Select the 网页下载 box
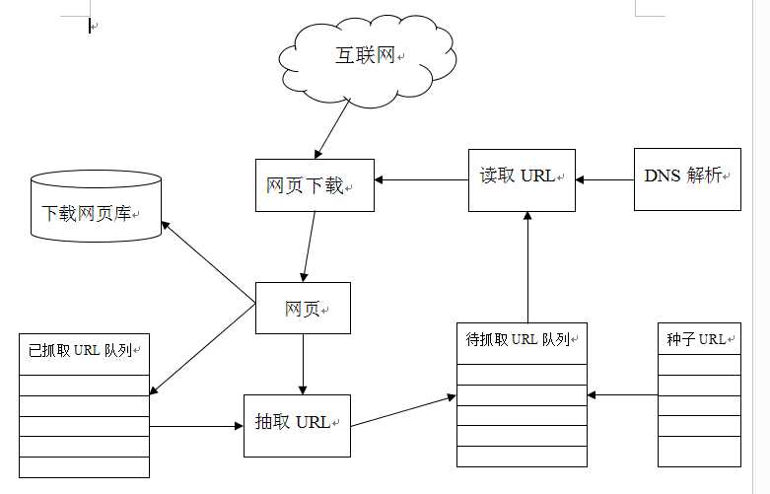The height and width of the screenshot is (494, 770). (315, 185)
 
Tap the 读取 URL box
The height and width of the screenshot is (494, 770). (522, 178)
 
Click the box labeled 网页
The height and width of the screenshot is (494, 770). (303, 309)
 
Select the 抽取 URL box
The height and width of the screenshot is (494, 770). (297, 425)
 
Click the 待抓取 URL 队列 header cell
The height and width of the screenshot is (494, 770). (522, 342)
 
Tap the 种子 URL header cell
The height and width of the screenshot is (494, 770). (699, 339)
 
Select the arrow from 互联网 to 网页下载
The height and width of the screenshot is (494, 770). (334, 128)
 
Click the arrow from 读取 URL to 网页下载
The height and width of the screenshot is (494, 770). (421, 179)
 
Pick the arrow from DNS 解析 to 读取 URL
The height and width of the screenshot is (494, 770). (604, 179)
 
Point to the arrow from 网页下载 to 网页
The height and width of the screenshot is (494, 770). (310, 247)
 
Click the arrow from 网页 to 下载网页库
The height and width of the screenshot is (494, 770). (208, 261)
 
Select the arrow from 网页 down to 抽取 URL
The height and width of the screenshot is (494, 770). (303, 364)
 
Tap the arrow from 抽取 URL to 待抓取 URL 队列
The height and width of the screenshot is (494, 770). (403, 411)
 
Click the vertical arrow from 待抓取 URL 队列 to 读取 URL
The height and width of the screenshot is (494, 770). (527, 266)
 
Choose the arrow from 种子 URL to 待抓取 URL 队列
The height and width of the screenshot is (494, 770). (622, 394)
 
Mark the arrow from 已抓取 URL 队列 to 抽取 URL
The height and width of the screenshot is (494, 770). (196, 426)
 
